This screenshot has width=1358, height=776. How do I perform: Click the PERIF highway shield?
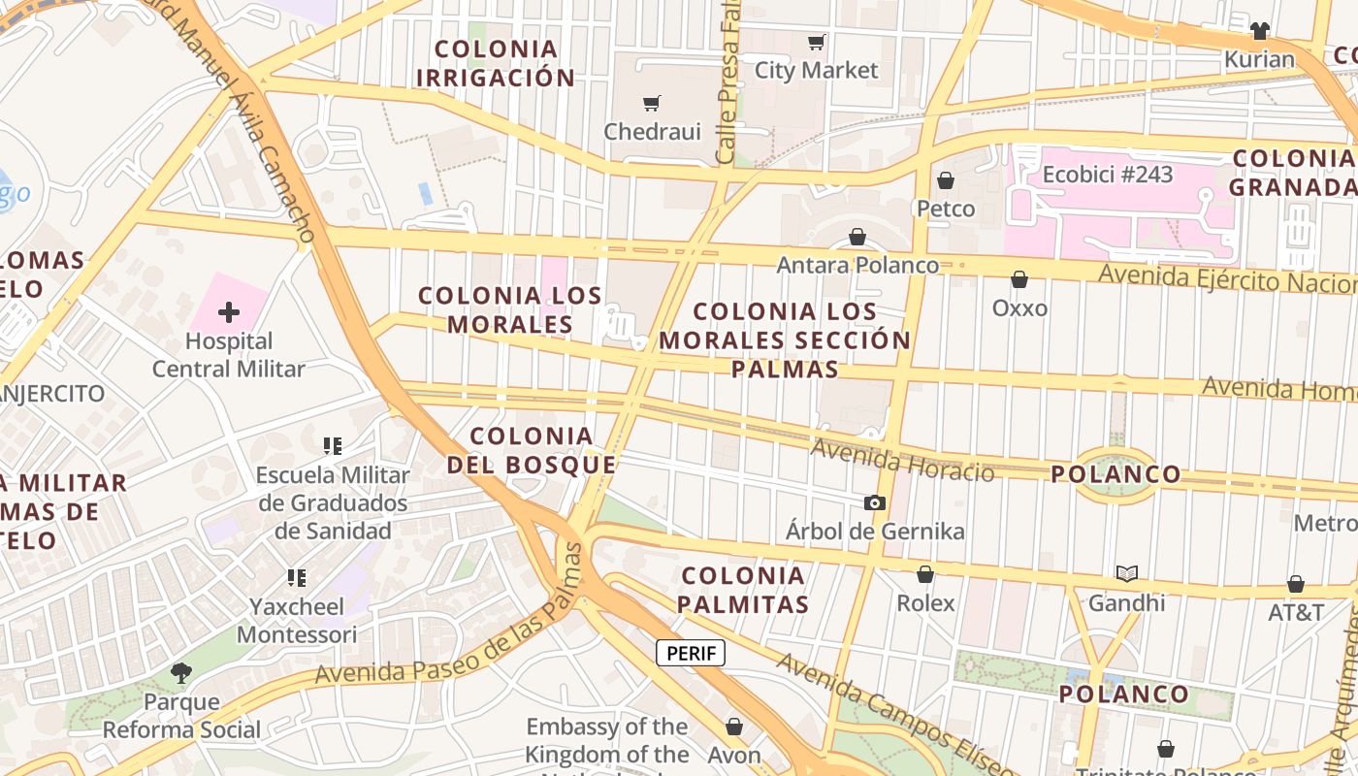tap(691, 653)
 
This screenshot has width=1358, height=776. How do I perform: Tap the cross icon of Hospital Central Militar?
tap(229, 312)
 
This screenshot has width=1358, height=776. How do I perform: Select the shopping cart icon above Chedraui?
tap(652, 103)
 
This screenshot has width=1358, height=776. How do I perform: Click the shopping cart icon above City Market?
tap(816, 42)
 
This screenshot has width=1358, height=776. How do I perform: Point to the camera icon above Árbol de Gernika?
tap(875, 502)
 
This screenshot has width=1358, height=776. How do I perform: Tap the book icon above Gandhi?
tap(1126, 573)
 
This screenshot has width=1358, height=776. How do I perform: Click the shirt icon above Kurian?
tap(1260, 31)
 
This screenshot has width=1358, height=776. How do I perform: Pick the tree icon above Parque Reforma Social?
tap(181, 672)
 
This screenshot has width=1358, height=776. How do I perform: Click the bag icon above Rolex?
tap(925, 574)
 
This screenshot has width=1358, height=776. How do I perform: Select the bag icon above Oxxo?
tap(1019, 279)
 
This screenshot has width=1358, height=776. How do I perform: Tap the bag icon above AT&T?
tap(1296, 584)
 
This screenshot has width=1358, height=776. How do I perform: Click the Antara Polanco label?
tap(857, 265)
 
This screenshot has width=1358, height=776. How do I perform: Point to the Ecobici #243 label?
tap(1108, 175)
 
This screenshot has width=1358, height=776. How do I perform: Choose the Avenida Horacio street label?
tap(902, 460)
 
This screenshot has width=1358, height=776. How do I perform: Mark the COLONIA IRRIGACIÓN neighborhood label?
tap(496, 63)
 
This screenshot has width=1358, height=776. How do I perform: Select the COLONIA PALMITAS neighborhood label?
tap(743, 590)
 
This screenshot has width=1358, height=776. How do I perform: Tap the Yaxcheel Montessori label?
tap(297, 621)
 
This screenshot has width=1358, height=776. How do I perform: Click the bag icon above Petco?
tap(946, 180)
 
